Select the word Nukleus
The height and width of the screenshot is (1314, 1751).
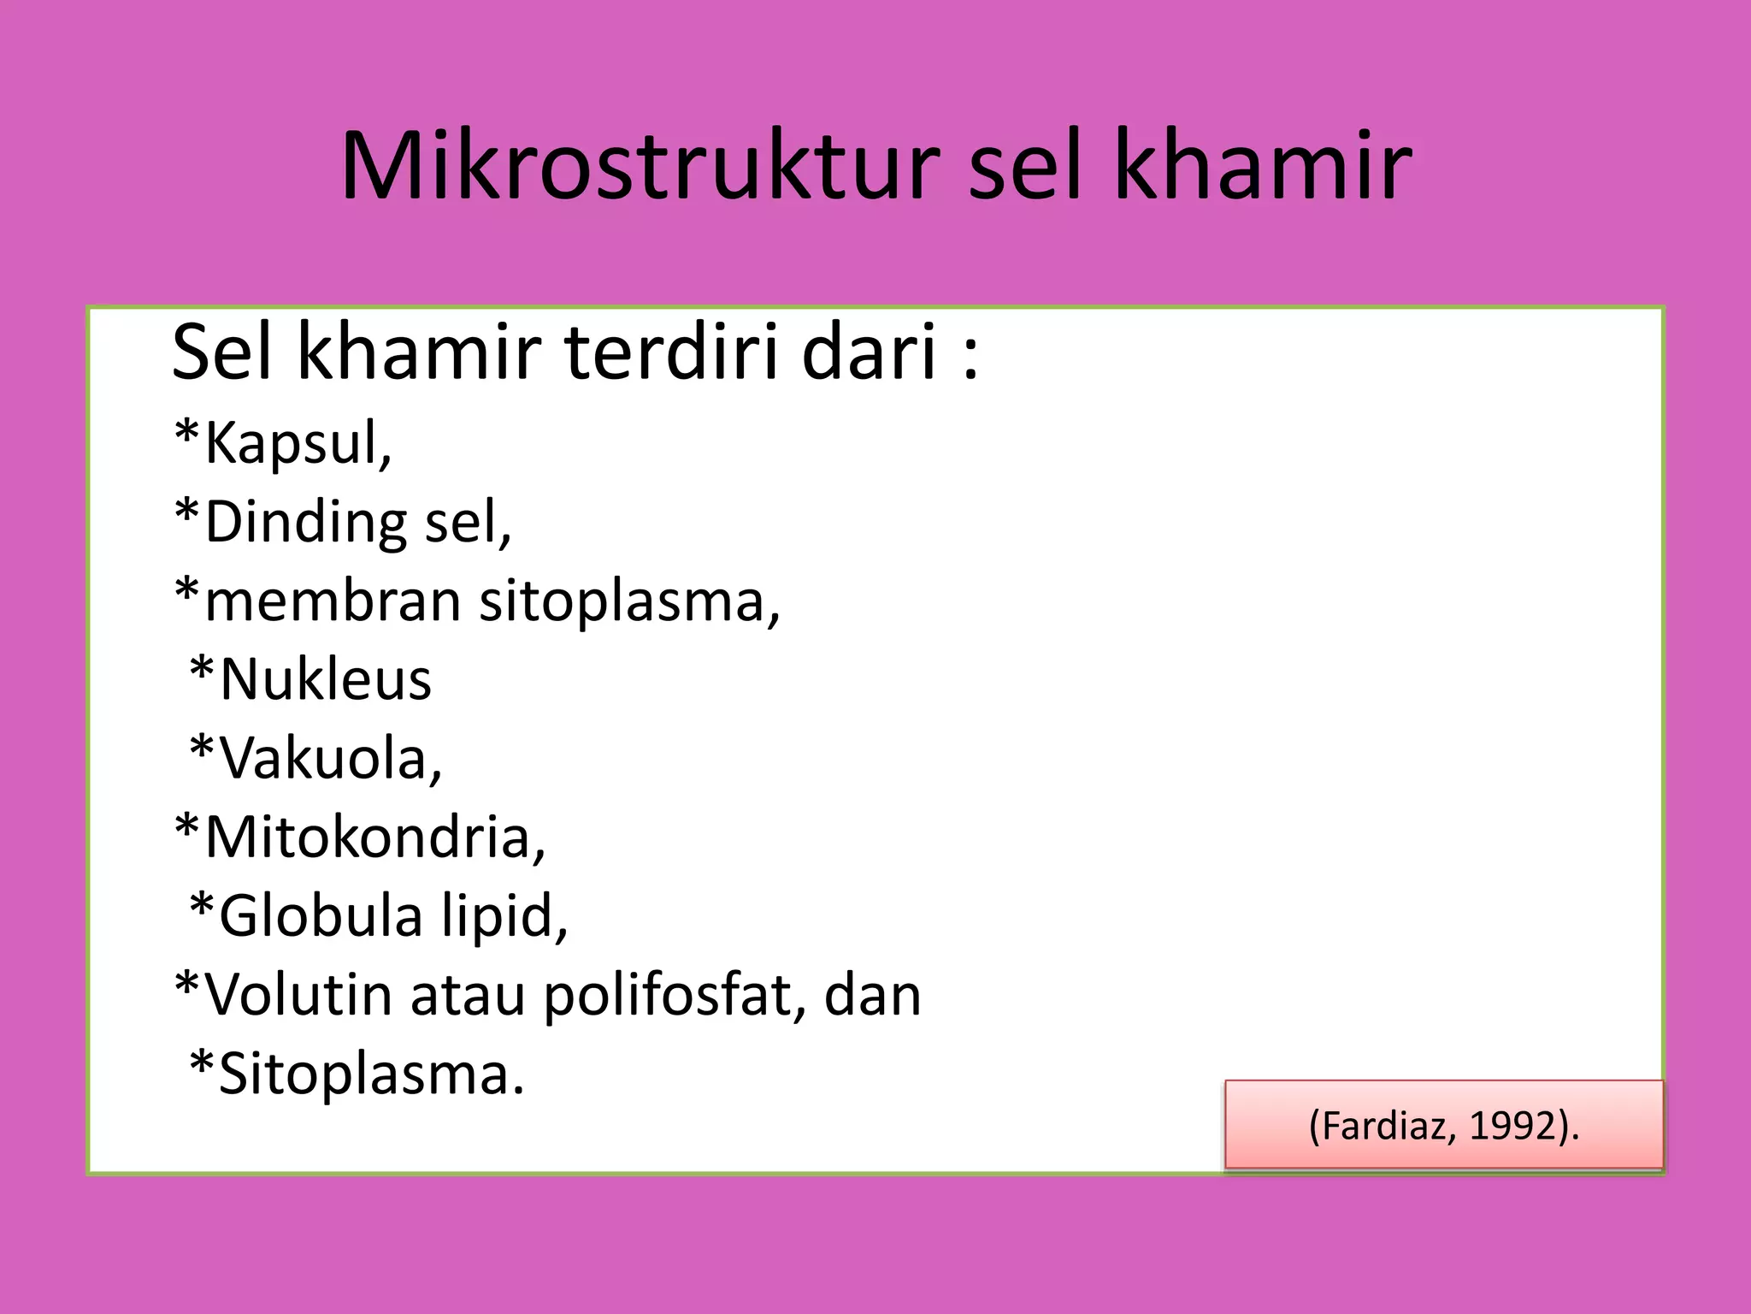point(325,680)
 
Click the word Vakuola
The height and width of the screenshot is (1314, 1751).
point(329,759)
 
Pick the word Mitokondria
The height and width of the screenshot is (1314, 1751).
point(374,837)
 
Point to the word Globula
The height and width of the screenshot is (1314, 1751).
point(321,916)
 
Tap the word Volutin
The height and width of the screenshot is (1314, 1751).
point(298,995)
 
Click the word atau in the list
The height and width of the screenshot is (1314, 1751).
point(467,997)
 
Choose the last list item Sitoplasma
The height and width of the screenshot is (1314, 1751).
point(370,1075)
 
